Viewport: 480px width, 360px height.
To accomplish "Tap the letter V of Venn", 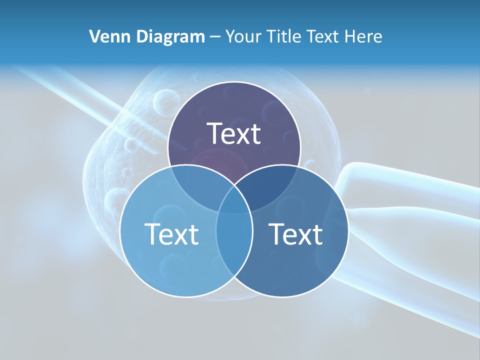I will (94, 36).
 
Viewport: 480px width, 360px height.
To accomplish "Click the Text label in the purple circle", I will (234, 133).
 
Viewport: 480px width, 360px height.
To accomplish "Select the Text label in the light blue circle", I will (171, 234).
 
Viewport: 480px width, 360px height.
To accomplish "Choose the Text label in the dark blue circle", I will (296, 234).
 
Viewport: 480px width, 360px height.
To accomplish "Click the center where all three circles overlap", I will (234, 202).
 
